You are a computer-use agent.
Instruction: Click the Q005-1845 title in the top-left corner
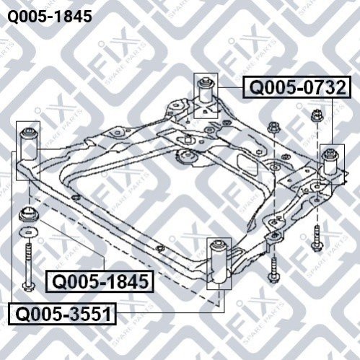(50, 17)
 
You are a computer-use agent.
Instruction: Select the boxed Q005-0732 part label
(297, 87)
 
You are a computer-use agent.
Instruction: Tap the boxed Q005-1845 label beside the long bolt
(100, 281)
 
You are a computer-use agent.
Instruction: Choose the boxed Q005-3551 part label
(63, 314)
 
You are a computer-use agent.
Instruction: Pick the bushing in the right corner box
(331, 162)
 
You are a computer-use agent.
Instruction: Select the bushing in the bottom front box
(219, 262)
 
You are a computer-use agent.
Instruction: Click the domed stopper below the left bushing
(28, 214)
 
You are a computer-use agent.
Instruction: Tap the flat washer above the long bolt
(28, 232)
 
